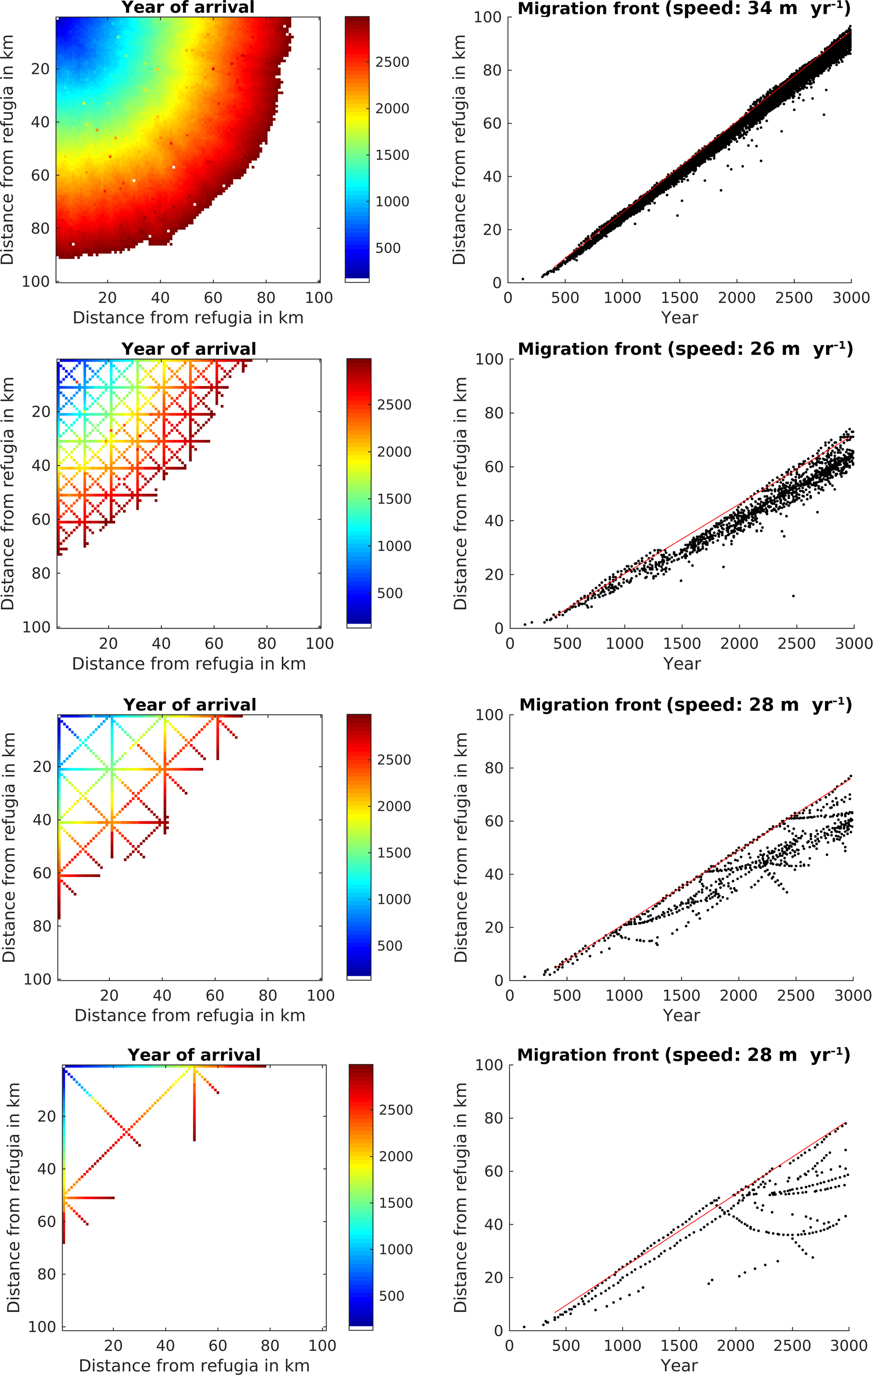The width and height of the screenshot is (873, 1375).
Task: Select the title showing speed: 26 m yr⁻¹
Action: [685, 349]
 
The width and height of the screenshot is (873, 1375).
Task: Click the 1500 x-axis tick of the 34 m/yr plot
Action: [679, 298]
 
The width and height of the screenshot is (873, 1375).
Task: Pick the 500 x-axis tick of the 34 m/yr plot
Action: [565, 298]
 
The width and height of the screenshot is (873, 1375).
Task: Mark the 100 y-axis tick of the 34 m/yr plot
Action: [487, 17]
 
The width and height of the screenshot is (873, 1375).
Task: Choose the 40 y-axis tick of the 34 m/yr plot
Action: [492, 176]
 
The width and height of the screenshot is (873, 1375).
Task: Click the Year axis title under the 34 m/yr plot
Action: [679, 317]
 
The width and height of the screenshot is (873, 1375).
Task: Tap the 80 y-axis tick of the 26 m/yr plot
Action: [494, 413]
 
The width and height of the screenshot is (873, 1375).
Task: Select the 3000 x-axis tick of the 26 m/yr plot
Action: [854, 644]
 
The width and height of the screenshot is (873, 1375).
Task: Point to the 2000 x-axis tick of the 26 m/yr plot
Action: [739, 644]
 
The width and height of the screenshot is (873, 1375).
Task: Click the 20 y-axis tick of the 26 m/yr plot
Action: [494, 574]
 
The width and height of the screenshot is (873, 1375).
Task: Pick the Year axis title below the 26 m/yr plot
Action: [682, 663]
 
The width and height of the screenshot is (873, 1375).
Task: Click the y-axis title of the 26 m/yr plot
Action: [460, 493]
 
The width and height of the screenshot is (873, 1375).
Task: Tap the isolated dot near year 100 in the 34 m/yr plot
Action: [523, 279]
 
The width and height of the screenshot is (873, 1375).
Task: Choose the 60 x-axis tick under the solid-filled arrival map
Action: [213, 298]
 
